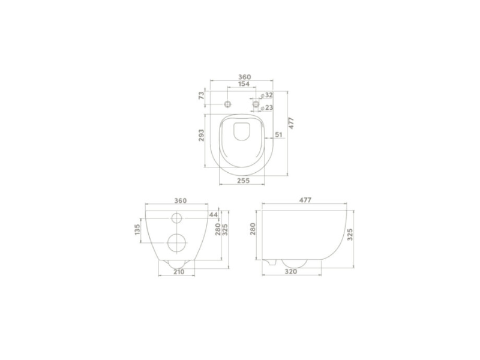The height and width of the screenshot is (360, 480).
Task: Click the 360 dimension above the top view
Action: pos(244,77)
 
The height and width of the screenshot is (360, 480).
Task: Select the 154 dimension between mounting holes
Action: pos(244,85)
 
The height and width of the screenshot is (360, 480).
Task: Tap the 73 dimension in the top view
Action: pos(202,95)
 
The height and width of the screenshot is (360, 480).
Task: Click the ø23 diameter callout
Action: pos(268,107)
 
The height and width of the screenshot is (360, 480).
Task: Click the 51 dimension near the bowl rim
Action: pos(278,135)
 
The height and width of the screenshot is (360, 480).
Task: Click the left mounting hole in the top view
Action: pos(228,105)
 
